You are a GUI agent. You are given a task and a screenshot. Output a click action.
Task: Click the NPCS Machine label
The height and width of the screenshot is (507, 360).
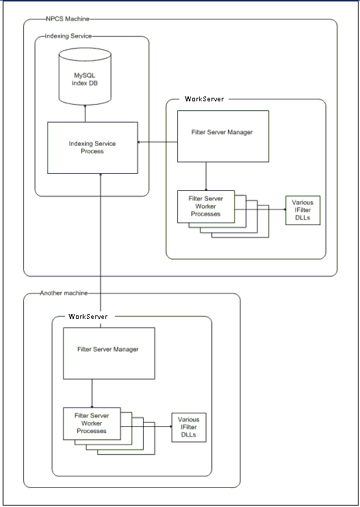click(68, 18)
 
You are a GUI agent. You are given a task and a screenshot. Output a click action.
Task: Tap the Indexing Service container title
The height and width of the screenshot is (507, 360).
click(68, 36)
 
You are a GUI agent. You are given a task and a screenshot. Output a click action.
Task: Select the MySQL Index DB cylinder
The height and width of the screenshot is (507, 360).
click(85, 77)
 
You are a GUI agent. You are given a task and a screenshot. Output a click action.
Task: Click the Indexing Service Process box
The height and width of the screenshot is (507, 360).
click(92, 148)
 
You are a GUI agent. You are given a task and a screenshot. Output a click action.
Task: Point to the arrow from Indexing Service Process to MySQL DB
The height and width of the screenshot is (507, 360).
click(86, 113)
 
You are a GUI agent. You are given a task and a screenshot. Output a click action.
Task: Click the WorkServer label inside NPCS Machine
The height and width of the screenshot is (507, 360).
click(204, 99)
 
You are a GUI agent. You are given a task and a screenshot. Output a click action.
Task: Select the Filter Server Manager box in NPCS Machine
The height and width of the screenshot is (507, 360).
click(223, 136)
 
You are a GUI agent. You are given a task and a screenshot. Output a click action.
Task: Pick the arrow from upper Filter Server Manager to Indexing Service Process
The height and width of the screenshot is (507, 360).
click(157, 142)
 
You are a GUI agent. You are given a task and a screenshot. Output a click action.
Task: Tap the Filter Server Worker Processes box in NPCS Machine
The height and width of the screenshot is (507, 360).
click(206, 207)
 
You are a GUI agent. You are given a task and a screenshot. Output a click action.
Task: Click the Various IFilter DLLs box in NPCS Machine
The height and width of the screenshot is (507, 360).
click(303, 210)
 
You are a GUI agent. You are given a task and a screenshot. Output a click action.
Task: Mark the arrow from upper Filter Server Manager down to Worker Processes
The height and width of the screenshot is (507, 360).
click(206, 177)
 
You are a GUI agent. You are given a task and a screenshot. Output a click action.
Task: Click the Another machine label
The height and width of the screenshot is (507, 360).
click(64, 293)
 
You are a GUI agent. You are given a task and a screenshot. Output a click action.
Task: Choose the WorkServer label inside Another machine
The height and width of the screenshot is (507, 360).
click(88, 316)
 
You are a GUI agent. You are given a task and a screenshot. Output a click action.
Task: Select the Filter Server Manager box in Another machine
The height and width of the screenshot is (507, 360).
click(109, 353)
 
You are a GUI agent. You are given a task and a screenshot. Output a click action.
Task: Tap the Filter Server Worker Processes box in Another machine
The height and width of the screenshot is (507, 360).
click(92, 424)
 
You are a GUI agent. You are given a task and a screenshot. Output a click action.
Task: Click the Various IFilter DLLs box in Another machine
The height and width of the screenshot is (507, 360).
click(189, 428)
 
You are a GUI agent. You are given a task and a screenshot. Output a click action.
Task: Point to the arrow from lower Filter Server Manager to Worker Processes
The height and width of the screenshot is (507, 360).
click(92, 393)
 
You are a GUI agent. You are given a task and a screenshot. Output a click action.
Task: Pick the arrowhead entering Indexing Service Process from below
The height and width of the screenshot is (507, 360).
click(101, 175)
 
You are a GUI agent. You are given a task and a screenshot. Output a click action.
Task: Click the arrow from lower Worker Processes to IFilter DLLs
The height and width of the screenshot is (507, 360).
click(146, 426)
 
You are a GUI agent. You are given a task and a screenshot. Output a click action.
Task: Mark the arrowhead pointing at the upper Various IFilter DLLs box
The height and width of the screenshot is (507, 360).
click(284, 209)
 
